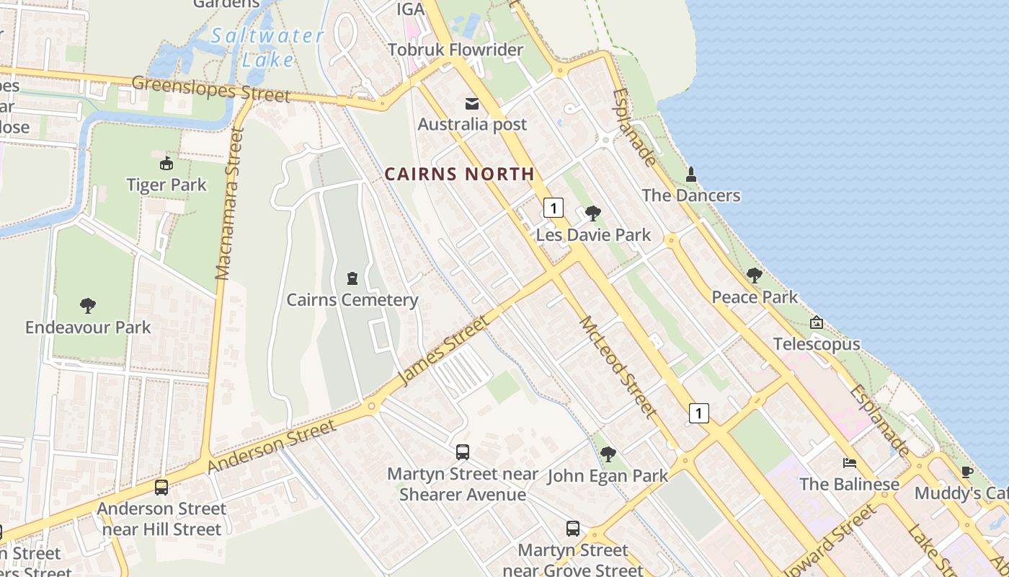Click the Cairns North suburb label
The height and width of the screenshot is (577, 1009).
pos(459,174)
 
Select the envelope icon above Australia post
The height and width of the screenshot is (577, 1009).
pos(472,104)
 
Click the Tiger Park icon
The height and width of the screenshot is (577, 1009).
pos(166,164)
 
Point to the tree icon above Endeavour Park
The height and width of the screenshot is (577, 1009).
pos(88,306)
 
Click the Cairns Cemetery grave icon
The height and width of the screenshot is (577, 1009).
pos(352,278)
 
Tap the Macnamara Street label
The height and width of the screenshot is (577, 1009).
pos(231,204)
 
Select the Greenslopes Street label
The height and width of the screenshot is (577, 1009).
pos(211,89)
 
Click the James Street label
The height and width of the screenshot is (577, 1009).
pos(442,350)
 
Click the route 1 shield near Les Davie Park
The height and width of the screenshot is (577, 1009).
pos(553,208)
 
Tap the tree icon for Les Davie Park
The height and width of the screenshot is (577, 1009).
pos(593,213)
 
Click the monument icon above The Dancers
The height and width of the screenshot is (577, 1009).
pos(690,175)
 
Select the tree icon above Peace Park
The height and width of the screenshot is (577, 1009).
pos(755,276)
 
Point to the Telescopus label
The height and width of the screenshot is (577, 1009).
pos(817,344)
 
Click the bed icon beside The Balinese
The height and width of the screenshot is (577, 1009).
pos(850,463)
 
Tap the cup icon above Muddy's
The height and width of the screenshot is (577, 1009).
pos(966,472)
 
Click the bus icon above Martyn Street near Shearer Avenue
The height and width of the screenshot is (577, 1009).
pos(463,452)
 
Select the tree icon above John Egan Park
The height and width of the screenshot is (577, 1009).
pos(608,454)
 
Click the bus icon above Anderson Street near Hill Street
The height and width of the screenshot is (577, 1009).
pos(161,488)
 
